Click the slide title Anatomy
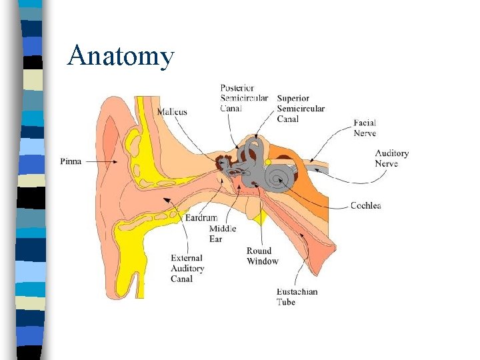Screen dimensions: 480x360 121,56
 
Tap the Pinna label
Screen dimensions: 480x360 71,161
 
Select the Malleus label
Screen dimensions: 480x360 172,112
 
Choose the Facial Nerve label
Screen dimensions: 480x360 365,128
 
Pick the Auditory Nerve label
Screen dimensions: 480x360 391,158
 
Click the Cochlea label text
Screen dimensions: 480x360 366,205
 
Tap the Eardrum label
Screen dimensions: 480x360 201,218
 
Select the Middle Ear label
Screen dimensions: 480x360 222,234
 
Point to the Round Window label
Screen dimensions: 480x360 262,256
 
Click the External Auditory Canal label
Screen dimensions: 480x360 187,268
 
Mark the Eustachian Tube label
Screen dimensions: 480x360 297,297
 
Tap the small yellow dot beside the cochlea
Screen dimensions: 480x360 267,163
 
